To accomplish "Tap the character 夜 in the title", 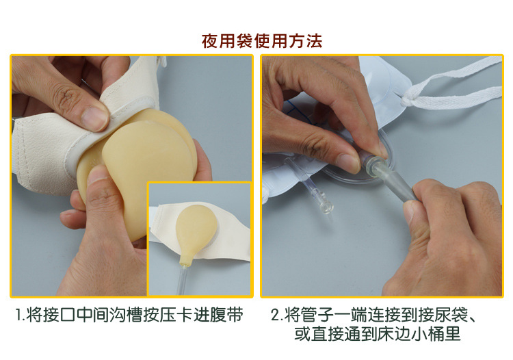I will [x=210, y=41].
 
